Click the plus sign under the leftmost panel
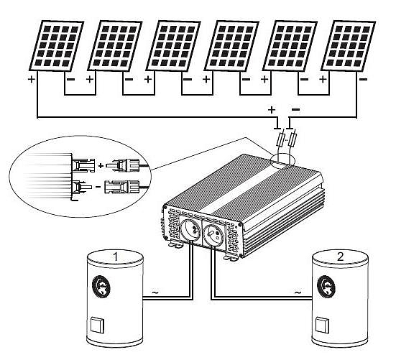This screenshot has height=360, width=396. (32, 79)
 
